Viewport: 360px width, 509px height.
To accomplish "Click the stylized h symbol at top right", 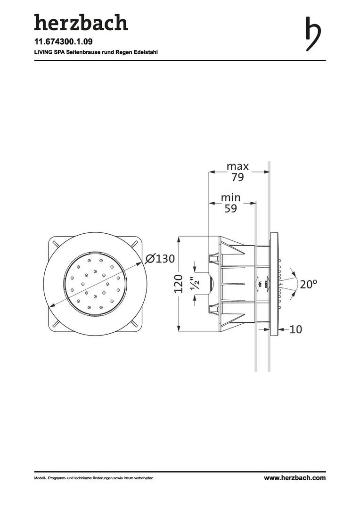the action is point(313,34).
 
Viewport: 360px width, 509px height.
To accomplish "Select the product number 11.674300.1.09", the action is point(59,41).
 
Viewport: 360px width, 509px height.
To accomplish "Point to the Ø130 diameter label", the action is point(160,259).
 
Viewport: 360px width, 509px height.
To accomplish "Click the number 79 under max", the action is point(237,177).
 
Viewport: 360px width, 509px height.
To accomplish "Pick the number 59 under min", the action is point(231,208).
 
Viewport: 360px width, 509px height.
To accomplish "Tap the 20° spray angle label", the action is point(308,284).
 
